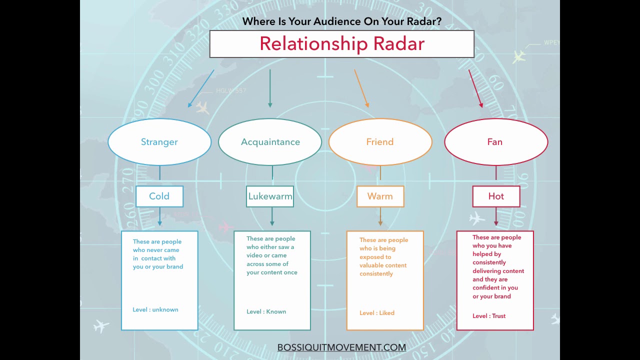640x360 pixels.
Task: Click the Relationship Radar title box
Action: (341, 44)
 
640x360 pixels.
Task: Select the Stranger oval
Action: (159, 142)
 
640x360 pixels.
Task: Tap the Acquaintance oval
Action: (270, 142)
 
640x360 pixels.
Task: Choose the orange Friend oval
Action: (380, 142)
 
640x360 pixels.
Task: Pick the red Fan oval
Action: (495, 142)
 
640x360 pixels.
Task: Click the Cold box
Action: (159, 196)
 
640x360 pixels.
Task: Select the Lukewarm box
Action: (270, 196)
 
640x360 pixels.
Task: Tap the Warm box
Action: (380, 196)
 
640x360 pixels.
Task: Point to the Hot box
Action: (496, 196)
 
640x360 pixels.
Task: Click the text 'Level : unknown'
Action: (155, 309)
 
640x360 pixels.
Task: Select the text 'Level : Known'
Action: (266, 311)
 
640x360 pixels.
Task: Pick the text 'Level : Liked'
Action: (377, 313)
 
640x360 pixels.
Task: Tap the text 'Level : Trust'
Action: (489, 316)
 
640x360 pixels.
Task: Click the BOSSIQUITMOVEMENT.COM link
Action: (341, 347)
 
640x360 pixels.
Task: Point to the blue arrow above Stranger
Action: (201, 88)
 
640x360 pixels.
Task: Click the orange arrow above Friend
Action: (361, 88)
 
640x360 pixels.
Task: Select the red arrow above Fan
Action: (475, 88)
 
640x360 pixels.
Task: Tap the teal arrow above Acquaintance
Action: (270, 88)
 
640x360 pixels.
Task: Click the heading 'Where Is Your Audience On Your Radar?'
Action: (342, 21)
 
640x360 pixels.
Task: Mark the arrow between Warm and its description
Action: (380, 216)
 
